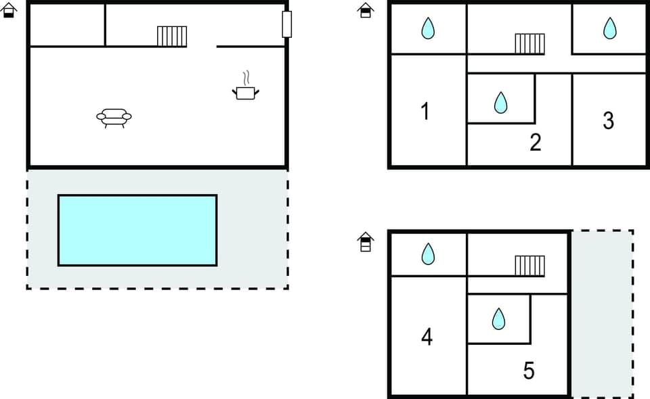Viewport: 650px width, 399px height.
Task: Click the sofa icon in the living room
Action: click(114, 118)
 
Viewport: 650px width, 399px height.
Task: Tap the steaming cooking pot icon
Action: click(246, 89)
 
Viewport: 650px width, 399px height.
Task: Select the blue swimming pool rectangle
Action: click(137, 230)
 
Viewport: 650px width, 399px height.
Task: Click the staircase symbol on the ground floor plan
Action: click(172, 36)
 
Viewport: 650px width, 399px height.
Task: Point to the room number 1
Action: click(425, 111)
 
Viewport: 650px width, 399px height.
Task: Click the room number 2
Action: click(535, 143)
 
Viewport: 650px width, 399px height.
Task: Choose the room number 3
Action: click(608, 120)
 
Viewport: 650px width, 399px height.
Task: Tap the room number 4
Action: click(427, 336)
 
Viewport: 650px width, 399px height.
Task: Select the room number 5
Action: click(529, 371)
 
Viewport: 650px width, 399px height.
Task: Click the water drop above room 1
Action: click(428, 28)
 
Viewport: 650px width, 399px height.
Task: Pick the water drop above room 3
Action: click(610, 28)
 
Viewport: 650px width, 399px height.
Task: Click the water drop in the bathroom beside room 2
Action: click(500, 102)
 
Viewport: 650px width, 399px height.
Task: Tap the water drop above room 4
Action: click(428, 254)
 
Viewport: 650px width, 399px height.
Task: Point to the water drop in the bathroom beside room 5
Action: click(499, 319)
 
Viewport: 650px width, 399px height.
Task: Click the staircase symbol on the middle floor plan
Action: click(529, 43)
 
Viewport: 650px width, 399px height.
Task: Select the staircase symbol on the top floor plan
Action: click(529, 266)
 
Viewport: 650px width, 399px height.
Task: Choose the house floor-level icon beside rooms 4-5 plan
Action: click(365, 241)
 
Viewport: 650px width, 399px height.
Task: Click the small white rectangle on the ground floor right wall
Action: click(287, 24)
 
